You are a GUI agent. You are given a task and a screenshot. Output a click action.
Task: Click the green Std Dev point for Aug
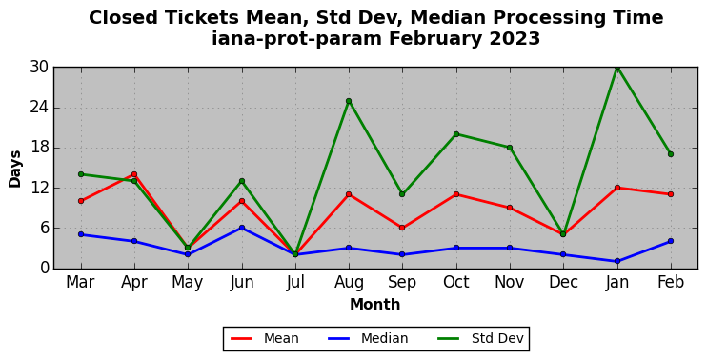[349, 101]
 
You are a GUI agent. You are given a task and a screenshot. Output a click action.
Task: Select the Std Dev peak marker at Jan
[617, 68]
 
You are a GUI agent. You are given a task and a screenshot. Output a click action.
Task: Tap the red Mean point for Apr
[134, 174]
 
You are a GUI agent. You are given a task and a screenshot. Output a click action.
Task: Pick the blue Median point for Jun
[242, 228]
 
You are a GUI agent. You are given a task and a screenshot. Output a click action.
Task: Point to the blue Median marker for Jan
[617, 261]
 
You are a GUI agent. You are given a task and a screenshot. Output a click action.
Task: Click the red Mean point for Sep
[402, 228]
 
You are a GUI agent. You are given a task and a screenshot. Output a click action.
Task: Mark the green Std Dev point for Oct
[456, 134]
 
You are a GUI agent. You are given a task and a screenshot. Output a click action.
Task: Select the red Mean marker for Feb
[671, 194]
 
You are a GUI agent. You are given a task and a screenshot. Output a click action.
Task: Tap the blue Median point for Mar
[81, 234]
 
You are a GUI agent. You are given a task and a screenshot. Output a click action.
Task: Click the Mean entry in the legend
[265, 338]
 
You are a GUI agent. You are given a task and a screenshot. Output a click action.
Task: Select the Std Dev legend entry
[480, 338]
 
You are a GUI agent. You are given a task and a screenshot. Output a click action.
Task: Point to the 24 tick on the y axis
[39, 108]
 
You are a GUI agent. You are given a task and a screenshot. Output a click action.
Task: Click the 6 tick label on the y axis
[43, 228]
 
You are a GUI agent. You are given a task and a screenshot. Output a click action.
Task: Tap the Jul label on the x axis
[295, 283]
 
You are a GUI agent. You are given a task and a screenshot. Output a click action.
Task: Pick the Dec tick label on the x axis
[563, 283]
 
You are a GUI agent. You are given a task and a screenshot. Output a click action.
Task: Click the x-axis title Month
[375, 304]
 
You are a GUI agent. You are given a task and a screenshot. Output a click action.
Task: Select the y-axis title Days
[15, 169]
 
